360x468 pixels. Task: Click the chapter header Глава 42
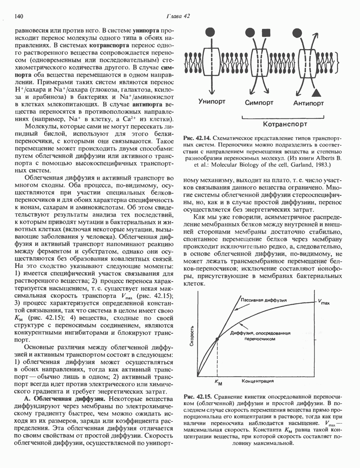177,16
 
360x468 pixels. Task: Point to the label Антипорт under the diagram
309,103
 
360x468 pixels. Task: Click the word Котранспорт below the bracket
285,124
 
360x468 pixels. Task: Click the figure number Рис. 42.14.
195,138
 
